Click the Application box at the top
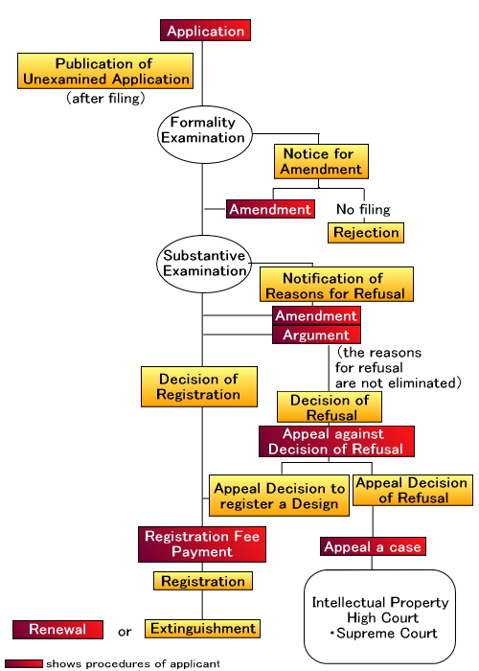[x=205, y=31]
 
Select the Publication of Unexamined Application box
[x=105, y=71]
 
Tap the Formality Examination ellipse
[x=205, y=134]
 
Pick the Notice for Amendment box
[x=321, y=161]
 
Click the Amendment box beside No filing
[x=270, y=209]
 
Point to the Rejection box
[x=366, y=233]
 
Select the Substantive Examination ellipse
[x=204, y=264]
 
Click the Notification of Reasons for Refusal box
[x=336, y=284]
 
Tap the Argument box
[x=316, y=335]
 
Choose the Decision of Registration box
[x=199, y=386]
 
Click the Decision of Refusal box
[x=330, y=407]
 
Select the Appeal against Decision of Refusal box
[x=336, y=441]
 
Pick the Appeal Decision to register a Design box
[x=280, y=496]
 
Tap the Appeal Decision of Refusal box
[x=413, y=491]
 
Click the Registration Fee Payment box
[x=202, y=544]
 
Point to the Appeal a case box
[x=373, y=546]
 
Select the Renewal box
[x=57, y=630]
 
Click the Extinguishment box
[x=202, y=629]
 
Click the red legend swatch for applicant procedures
[x=24, y=663]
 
